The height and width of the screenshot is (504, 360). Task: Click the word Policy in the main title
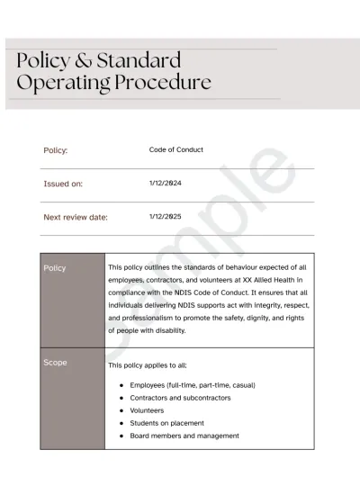45,62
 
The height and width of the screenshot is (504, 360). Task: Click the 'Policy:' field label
56,150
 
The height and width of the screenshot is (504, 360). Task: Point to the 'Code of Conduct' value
176,149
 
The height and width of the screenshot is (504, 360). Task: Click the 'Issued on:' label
63,184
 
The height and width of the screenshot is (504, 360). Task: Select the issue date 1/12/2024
166,183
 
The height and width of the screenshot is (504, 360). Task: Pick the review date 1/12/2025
166,216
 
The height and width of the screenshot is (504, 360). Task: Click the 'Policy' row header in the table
55,268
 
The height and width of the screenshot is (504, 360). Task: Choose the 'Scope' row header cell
55,363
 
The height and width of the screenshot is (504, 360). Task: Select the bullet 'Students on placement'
166,423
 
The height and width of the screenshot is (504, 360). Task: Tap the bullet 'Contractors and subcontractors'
180,398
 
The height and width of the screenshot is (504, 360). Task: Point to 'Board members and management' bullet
184,436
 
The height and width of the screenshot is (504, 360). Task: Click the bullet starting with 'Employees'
192,385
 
